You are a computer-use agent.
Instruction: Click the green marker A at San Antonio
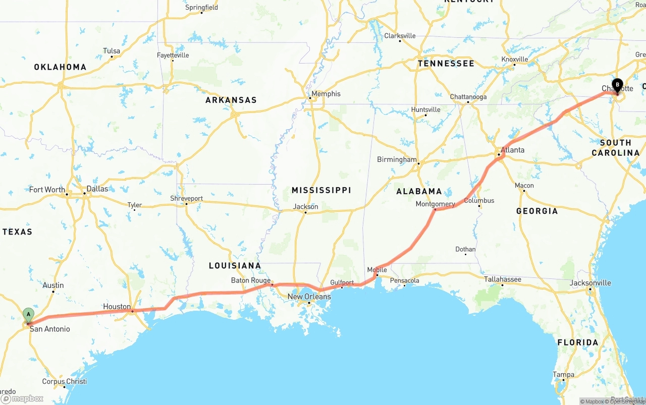click(x=28, y=315)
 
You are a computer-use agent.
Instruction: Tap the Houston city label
click(x=117, y=307)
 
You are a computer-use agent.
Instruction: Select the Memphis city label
click(x=326, y=94)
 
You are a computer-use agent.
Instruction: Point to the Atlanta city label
click(x=512, y=150)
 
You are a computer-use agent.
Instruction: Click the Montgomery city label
click(x=435, y=204)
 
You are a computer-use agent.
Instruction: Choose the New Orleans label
click(x=309, y=297)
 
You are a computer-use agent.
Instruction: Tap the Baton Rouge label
click(x=251, y=280)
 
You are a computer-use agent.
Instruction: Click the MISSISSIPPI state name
click(x=321, y=190)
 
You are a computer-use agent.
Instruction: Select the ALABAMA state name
click(x=419, y=191)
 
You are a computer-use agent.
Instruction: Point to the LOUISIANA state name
click(x=235, y=266)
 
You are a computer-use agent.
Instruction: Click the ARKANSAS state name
click(x=231, y=100)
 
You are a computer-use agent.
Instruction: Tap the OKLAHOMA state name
click(x=60, y=67)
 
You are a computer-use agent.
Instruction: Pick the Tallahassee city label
click(x=503, y=279)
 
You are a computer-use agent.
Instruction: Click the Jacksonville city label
click(x=590, y=283)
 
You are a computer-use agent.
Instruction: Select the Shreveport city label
click(x=186, y=199)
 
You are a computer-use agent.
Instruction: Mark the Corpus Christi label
click(x=64, y=382)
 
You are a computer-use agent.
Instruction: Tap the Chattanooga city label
click(x=468, y=97)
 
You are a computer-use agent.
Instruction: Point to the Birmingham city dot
click(x=418, y=163)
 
